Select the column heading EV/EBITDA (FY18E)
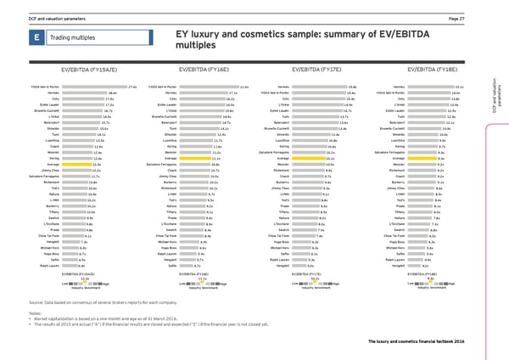(x=433, y=70)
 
